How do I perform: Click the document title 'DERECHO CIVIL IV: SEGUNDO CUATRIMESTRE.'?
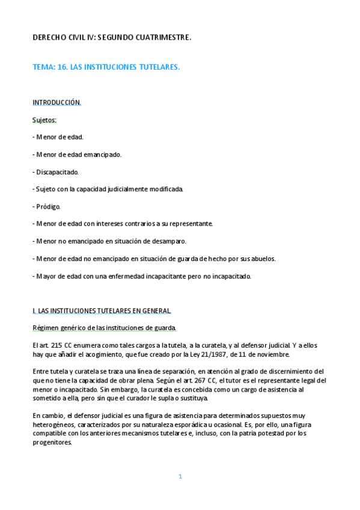tap(112, 38)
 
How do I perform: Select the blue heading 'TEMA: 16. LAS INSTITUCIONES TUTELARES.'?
tap(106, 67)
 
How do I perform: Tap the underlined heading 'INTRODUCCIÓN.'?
tap(56, 102)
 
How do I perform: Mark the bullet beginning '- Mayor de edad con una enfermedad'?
tap(141, 276)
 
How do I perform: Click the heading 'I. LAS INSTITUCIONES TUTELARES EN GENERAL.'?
tap(102, 311)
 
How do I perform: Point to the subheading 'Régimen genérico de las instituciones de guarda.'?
tap(105, 328)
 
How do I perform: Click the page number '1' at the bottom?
tap(180, 476)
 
